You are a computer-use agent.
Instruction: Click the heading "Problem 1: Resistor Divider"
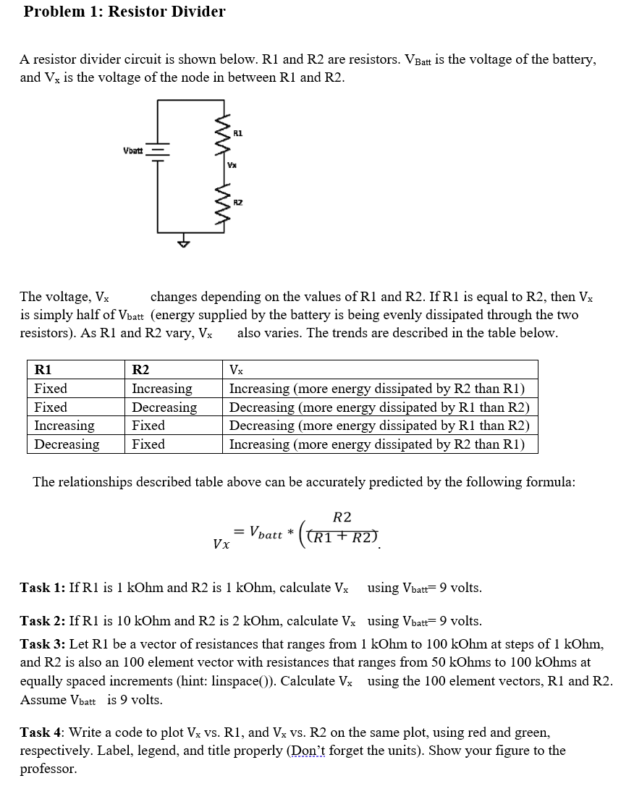[x=124, y=12]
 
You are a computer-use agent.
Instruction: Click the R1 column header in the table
[x=43, y=370]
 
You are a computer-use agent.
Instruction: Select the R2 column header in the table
[x=140, y=370]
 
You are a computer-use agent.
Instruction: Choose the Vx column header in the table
[x=237, y=370]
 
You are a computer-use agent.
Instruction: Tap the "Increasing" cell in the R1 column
[x=64, y=426]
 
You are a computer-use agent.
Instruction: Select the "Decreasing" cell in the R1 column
[x=67, y=444]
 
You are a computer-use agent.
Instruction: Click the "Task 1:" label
[x=42, y=588]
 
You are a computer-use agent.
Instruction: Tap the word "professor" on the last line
[x=48, y=769]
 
